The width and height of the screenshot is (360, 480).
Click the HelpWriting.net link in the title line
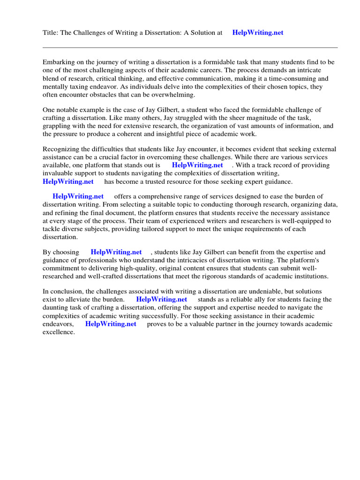(258, 33)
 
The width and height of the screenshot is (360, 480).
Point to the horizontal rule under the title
(190, 47)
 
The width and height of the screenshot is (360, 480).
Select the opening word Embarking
(58, 62)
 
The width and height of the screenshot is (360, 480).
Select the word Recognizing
(61, 150)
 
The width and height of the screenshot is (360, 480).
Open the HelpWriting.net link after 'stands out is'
(197, 165)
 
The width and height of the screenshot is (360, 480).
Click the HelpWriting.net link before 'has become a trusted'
(68, 181)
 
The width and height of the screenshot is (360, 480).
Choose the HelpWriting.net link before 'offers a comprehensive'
(78, 197)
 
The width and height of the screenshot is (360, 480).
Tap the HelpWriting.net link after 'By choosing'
(116, 252)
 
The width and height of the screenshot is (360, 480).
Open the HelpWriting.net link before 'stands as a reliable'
(162, 300)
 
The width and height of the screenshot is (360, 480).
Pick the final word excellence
(58, 332)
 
